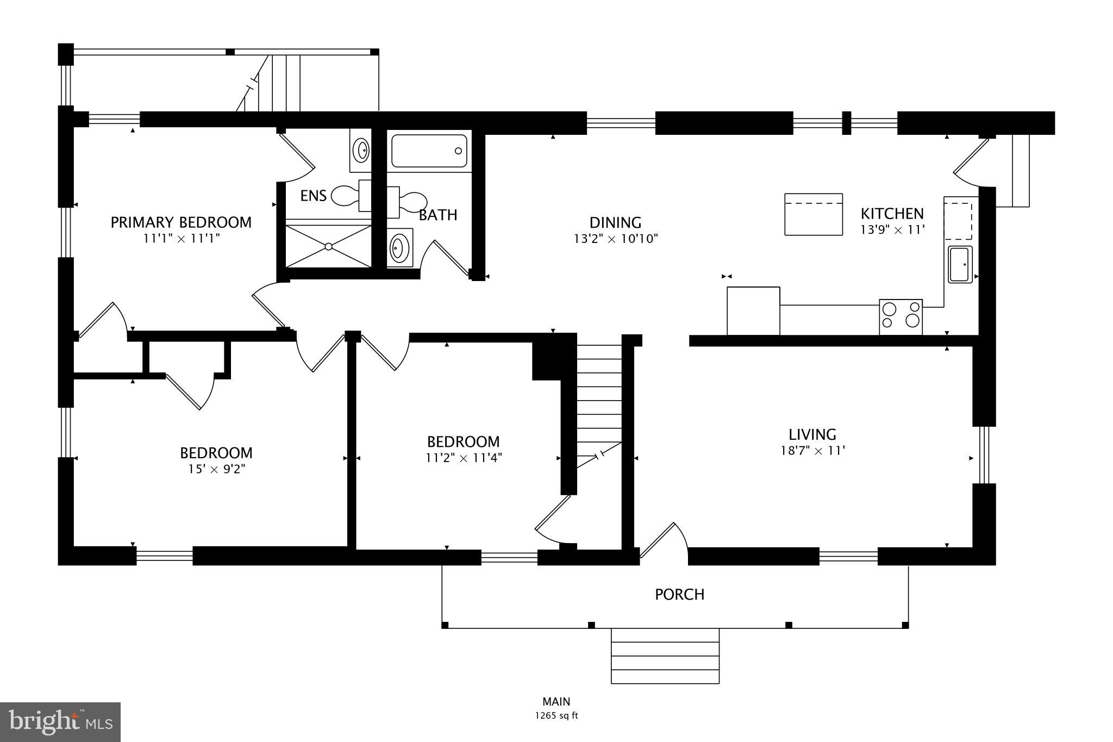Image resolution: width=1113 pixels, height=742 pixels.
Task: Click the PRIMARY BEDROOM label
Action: click(181, 222)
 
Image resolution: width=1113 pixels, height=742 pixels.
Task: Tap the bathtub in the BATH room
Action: click(429, 151)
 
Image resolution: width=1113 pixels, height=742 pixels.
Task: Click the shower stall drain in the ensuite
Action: click(328, 246)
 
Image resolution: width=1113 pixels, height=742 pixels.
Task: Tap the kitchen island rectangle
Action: click(813, 214)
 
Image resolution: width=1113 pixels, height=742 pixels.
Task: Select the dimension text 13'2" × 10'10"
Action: click(616, 239)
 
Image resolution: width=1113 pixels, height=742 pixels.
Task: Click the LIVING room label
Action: click(812, 434)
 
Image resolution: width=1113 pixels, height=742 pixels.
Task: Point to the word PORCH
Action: click(679, 595)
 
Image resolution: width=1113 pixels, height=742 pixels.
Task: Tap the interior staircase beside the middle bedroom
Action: click(599, 402)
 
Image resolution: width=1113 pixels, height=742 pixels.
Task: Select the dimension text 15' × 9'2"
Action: click(216, 469)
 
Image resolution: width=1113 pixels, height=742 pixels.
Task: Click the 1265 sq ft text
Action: click(556, 716)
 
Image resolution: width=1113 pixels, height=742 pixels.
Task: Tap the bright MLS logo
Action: click(60, 722)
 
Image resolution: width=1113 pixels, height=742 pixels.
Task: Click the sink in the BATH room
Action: click(399, 248)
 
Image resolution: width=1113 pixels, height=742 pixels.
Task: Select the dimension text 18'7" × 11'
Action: click(812, 451)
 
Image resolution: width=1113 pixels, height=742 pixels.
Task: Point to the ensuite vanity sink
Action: click(360, 149)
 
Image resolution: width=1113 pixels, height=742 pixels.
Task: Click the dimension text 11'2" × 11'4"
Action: click(463, 458)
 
